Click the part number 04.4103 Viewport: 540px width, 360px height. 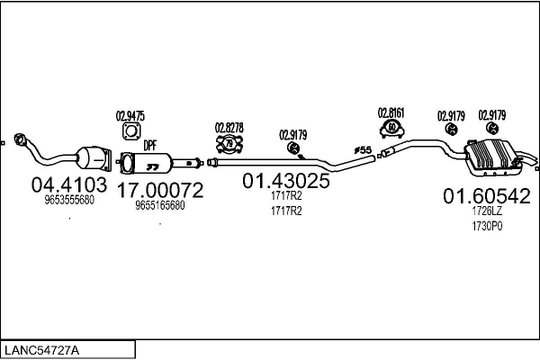[69, 185]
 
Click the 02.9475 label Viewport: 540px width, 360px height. [130, 115]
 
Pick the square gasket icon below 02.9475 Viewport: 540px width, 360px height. [130, 132]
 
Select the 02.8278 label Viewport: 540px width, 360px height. [229, 127]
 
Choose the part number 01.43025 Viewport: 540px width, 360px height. [285, 181]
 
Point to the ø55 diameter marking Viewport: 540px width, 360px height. [363, 149]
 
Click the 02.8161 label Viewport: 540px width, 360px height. [391, 112]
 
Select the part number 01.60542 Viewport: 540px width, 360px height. [486, 195]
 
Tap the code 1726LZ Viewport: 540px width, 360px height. [485, 211]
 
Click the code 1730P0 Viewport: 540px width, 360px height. [485, 227]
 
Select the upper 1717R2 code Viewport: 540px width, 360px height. [285, 195]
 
